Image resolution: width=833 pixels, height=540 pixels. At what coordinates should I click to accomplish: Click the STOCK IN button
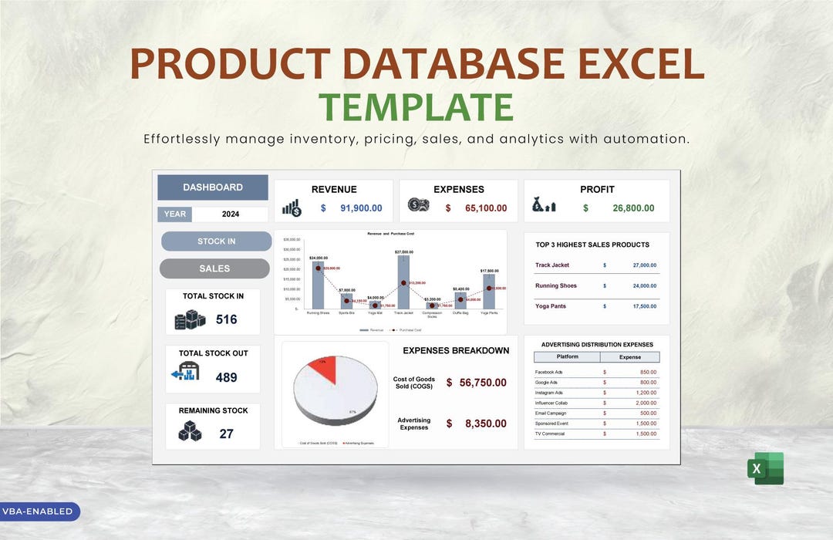click(216, 241)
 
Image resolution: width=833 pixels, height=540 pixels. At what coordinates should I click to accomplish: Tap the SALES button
click(214, 268)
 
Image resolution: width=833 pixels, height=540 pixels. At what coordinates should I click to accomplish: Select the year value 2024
click(230, 214)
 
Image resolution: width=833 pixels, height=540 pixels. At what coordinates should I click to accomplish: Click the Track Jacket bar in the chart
click(403, 282)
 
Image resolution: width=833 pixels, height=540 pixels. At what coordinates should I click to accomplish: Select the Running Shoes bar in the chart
click(318, 285)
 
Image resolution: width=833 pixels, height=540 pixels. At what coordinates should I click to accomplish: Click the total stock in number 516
click(226, 319)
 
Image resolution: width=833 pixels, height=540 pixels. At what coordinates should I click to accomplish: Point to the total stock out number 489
click(226, 377)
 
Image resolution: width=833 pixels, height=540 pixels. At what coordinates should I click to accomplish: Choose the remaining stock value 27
click(226, 434)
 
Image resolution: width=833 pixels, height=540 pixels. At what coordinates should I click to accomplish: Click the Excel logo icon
click(765, 468)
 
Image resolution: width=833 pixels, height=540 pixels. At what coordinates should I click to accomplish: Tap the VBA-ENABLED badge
click(38, 511)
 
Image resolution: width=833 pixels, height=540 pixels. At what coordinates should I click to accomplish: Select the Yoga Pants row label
click(551, 306)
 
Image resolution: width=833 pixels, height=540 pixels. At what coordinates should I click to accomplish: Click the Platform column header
click(567, 357)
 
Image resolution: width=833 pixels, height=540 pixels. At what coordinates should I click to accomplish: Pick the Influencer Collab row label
click(552, 403)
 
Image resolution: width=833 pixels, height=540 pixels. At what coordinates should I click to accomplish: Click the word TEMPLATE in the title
click(416, 107)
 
